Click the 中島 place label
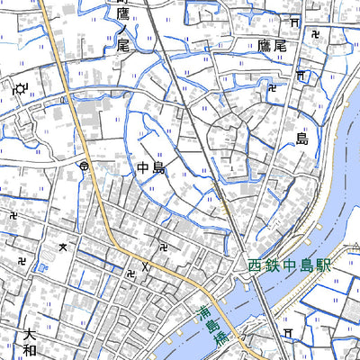(152, 168)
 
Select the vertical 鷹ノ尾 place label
(123, 28)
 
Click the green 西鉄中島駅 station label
(290, 266)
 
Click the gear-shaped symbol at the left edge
(20, 88)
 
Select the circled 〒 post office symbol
(84, 166)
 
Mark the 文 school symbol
(62, 246)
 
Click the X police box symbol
(144, 266)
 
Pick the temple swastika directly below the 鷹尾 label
(272, 87)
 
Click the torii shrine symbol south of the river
(287, 333)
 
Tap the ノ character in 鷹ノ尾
(123, 28)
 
